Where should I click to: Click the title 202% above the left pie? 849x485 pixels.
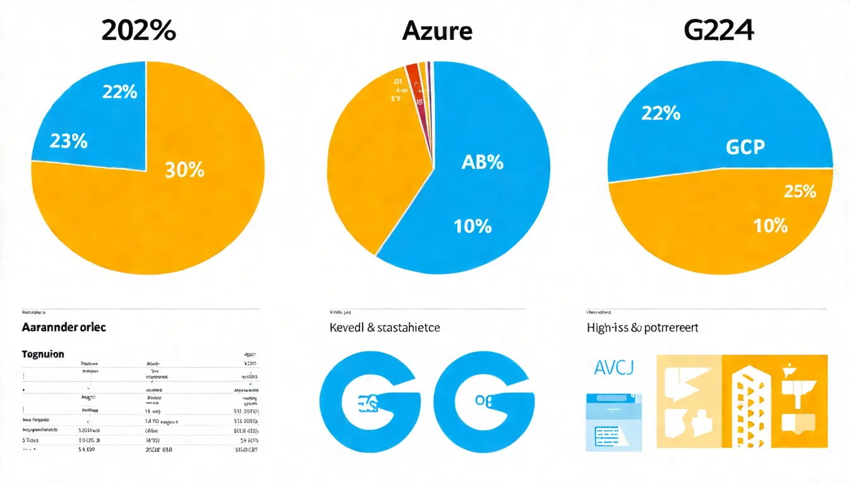(138, 31)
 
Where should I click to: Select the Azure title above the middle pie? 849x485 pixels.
(437, 31)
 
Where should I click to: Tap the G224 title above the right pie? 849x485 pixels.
(719, 31)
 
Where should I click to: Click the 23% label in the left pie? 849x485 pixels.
(68, 141)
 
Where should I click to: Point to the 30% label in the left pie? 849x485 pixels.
(184, 169)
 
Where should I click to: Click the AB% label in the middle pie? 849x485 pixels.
(482, 162)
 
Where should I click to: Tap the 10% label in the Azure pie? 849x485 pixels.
(473, 225)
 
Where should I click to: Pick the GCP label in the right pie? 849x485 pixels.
(745, 147)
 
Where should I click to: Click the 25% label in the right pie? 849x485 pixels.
(800, 192)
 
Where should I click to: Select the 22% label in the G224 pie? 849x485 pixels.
(661, 114)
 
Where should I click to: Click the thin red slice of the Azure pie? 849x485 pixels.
(413, 73)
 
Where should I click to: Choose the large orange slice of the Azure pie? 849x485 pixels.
(373, 164)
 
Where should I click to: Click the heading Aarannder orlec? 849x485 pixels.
(64, 328)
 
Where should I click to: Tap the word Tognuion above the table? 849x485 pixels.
(43, 354)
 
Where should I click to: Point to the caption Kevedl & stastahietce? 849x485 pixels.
(384, 328)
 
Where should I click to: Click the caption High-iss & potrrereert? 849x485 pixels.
(642, 328)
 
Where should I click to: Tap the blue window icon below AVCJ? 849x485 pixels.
(613, 422)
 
